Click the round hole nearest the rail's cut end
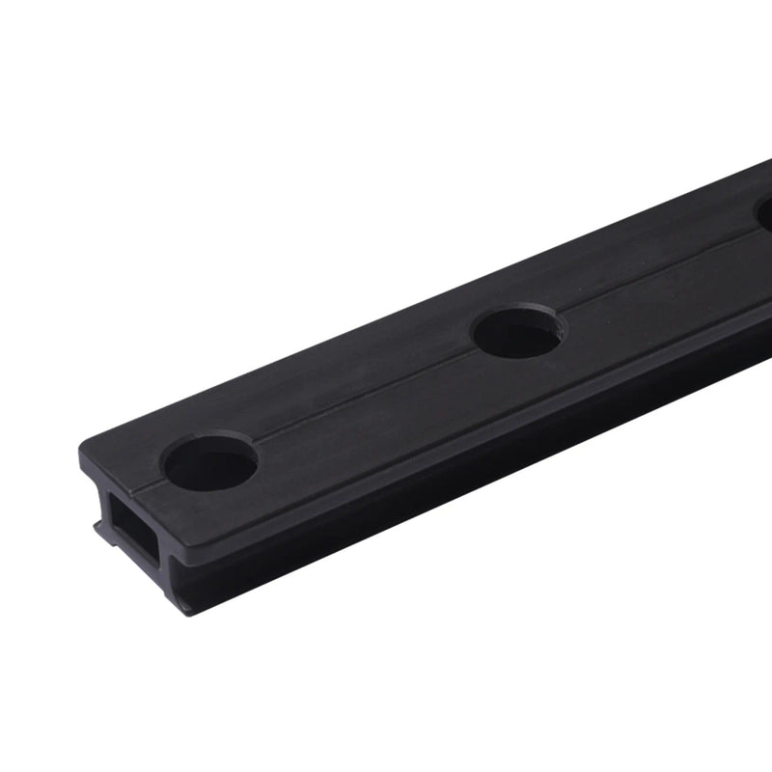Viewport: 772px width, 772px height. point(210,463)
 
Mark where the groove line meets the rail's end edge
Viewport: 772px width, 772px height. point(135,492)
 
